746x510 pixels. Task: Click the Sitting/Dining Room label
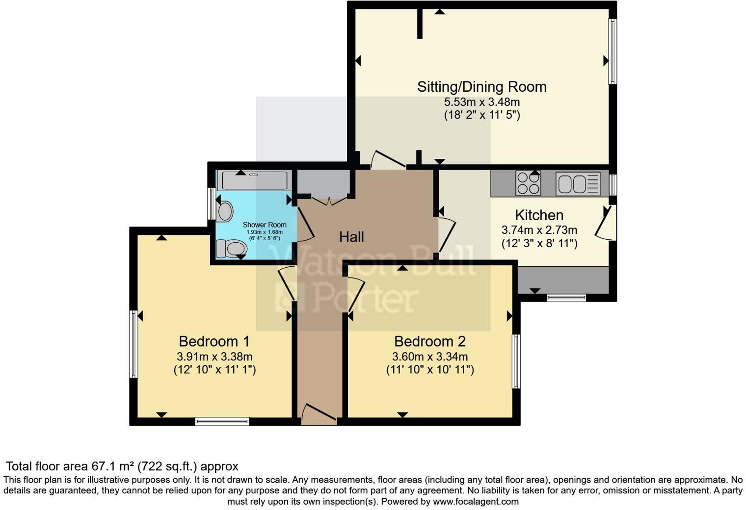click(481, 87)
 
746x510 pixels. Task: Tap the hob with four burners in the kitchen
click(528, 183)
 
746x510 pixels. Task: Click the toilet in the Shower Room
click(231, 248)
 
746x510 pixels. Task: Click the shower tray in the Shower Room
click(254, 180)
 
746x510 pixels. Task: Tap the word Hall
click(351, 237)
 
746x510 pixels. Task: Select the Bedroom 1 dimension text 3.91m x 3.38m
click(214, 357)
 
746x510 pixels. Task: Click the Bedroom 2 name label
click(429, 341)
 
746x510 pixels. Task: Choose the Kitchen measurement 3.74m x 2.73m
click(539, 230)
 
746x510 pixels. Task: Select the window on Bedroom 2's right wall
click(516, 361)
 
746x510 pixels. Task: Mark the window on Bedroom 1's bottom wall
click(222, 421)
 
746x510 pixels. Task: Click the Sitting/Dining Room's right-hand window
click(612, 51)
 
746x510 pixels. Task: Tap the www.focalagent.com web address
click(475, 502)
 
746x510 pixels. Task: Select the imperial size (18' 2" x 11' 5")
click(481, 115)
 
